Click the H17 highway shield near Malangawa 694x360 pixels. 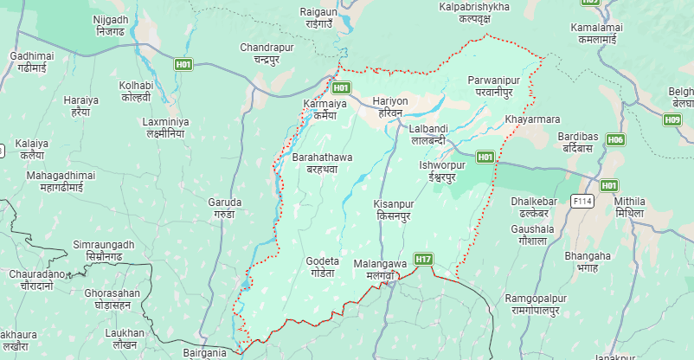(423, 259)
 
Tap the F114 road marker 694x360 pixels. (582, 201)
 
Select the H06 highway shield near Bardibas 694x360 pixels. (615, 139)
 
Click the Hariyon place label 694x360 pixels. (389, 107)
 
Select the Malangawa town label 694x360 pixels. (380, 268)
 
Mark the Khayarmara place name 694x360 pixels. (531, 119)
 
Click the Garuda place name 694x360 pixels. (225, 208)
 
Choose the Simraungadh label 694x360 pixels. (104, 251)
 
